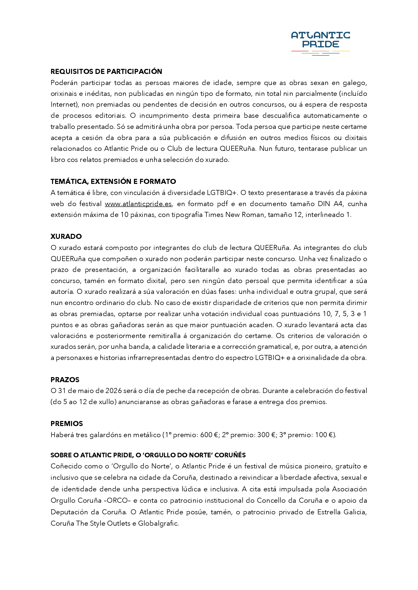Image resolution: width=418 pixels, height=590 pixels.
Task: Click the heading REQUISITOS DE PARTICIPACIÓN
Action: pos(106,71)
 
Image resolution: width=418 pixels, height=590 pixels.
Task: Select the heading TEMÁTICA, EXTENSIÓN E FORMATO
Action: pos(113,181)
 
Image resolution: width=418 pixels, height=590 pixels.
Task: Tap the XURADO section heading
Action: pos(66,236)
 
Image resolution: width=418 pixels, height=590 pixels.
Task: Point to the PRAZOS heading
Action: pos(65,380)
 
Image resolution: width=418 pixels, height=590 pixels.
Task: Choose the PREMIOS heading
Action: pos(67,424)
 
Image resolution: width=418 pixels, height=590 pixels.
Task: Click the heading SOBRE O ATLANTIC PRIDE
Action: pos(148,455)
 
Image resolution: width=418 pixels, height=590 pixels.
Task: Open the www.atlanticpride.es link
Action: pos(138,204)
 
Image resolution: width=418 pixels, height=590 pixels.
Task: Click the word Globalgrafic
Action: pos(158,523)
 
